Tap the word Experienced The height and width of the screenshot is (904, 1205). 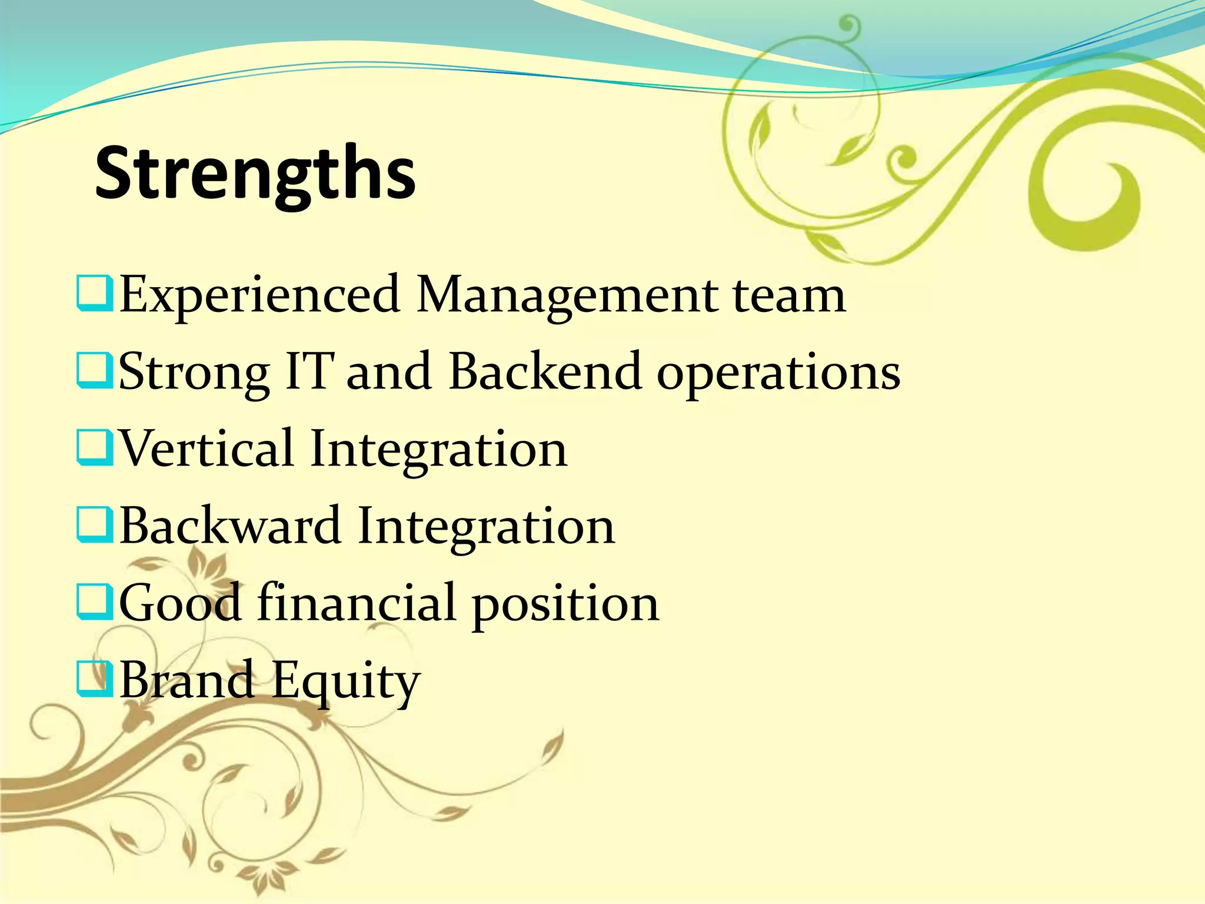(259, 295)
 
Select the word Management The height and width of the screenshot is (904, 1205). (567, 296)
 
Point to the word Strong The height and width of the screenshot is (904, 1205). (194, 373)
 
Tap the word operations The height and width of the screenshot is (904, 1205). (778, 374)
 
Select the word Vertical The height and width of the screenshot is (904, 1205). (207, 448)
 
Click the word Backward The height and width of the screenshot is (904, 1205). (230, 525)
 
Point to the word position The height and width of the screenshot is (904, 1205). (565, 605)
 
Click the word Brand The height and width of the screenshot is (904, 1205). (187, 679)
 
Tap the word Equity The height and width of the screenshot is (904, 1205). (346, 682)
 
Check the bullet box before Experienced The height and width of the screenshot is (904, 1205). (94, 295)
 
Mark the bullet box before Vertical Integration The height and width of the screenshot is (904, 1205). (94, 449)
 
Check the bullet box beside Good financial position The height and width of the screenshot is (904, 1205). (94, 603)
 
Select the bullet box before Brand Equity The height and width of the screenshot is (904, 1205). (94, 680)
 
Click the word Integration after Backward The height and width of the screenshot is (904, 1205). (486, 526)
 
